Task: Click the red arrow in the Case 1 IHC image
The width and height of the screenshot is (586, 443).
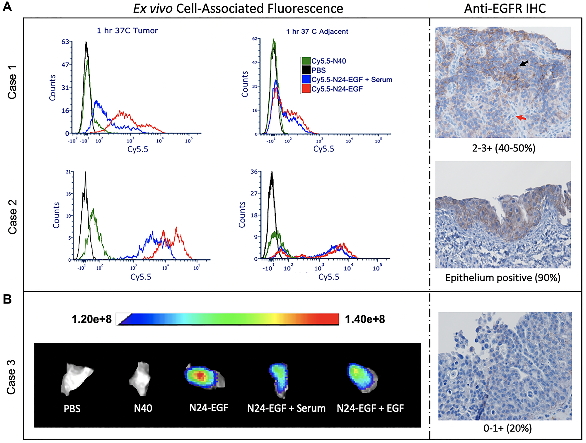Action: pyautogui.click(x=521, y=118)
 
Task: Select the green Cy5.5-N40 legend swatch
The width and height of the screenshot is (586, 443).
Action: pyautogui.click(x=306, y=61)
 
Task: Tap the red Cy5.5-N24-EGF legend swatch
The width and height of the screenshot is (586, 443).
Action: pyautogui.click(x=306, y=89)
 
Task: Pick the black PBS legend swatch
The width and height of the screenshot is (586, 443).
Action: pyautogui.click(x=306, y=70)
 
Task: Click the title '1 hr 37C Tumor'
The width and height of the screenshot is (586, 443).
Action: pyautogui.click(x=127, y=31)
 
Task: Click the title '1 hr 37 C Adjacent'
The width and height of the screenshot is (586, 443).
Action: pyautogui.click(x=317, y=32)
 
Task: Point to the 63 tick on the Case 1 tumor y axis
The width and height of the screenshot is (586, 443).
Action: pyautogui.click(x=65, y=42)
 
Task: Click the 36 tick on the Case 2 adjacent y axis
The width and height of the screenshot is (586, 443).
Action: pyautogui.click(x=254, y=172)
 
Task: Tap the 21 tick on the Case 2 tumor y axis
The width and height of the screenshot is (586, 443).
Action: pyautogui.click(x=68, y=172)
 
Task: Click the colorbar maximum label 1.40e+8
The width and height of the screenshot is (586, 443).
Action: pyautogui.click(x=365, y=319)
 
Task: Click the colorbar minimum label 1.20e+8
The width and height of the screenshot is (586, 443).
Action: pyautogui.click(x=92, y=319)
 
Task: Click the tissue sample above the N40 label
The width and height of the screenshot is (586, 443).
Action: pyautogui.click(x=141, y=378)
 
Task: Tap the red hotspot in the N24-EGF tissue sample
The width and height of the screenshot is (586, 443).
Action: pyautogui.click(x=200, y=376)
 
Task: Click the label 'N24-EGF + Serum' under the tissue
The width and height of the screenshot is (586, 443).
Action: pyautogui.click(x=286, y=408)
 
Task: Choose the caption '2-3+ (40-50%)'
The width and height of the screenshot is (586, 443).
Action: pyautogui.click(x=504, y=148)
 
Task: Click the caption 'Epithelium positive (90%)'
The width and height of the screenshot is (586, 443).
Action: pyautogui.click(x=503, y=278)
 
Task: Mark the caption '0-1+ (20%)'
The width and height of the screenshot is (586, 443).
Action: pyautogui.click(x=507, y=428)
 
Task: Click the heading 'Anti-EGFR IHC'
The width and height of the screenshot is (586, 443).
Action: pyautogui.click(x=505, y=9)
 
